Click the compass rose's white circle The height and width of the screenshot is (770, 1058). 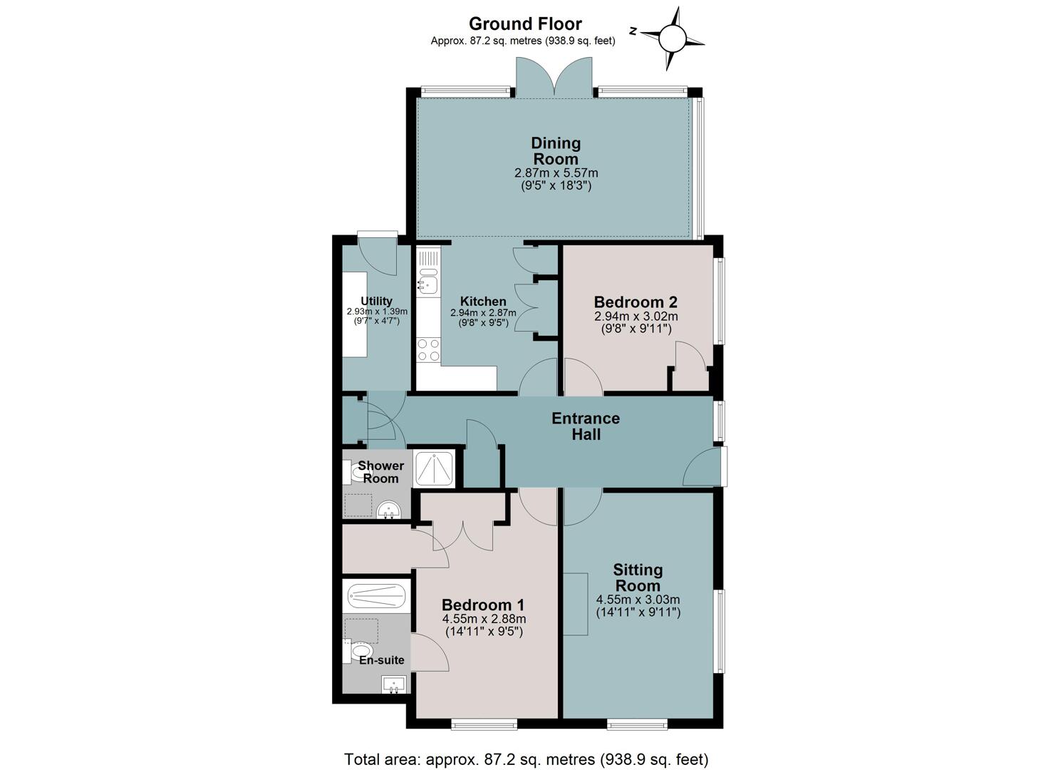pos(672,38)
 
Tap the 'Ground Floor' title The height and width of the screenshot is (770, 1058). pos(525,24)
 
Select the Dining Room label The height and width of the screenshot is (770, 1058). pos(556,150)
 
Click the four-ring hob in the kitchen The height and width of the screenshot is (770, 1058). pos(428,350)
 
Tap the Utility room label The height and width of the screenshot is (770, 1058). pos(376,301)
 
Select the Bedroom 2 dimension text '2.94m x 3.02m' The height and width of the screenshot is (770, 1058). pos(636,317)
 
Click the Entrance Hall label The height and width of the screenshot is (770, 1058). pos(586,426)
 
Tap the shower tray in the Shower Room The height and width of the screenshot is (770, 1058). pos(434,468)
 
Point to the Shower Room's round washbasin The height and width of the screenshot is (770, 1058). pos(389,510)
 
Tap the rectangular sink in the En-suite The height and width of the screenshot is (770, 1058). pos(393,685)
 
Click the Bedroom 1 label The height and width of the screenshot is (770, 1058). pos(483,605)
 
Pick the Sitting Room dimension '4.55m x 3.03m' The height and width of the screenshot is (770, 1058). pos(638,600)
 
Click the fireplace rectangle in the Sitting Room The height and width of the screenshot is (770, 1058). pos(576,604)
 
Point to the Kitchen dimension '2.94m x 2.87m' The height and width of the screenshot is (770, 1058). pos(483,313)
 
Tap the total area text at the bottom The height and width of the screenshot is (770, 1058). pos(527,759)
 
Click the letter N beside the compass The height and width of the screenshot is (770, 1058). pos(633,31)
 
